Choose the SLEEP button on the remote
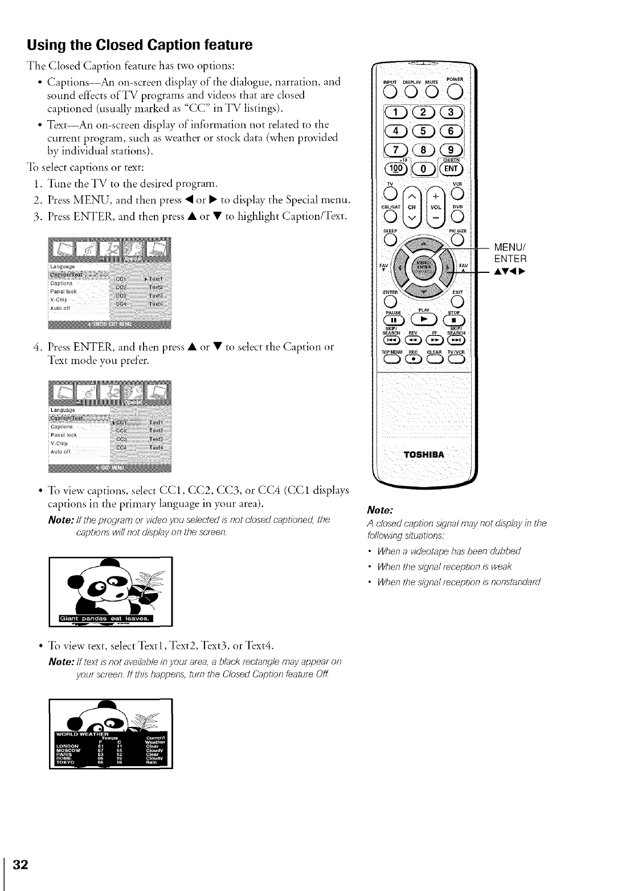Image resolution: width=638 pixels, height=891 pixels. [x=388, y=238]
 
